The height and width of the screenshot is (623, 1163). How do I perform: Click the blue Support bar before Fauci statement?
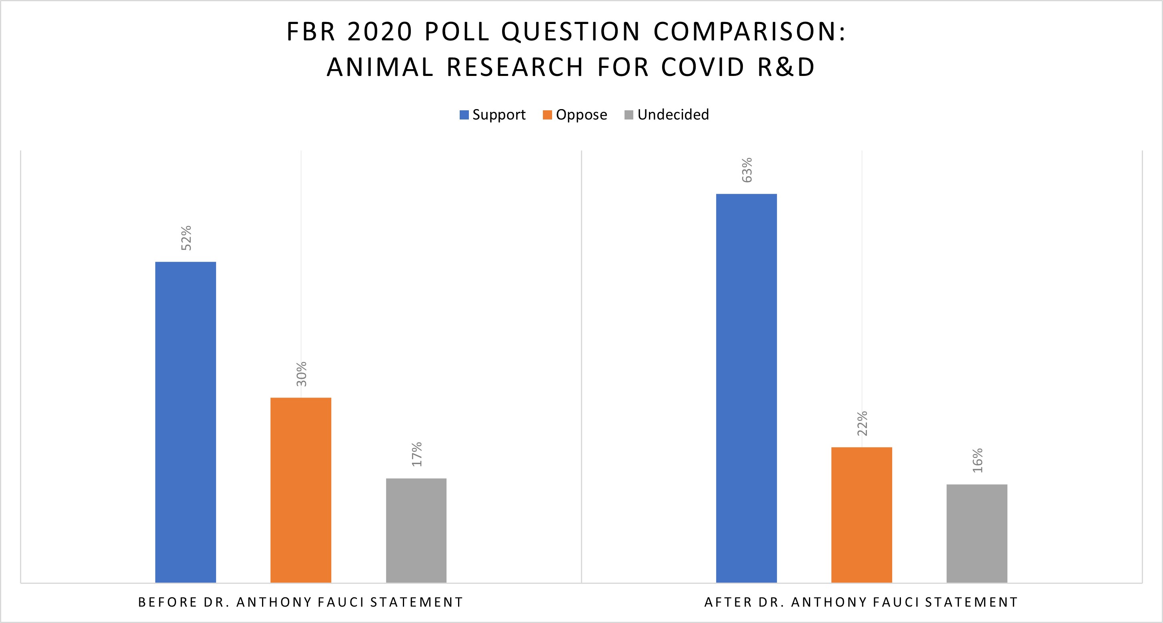click(186, 422)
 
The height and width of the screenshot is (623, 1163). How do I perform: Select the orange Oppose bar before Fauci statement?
click(301, 490)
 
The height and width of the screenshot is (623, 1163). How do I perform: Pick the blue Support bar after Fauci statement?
click(746, 388)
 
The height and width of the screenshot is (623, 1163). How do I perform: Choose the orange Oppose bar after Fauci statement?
click(861, 515)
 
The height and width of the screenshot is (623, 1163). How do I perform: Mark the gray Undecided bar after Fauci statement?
click(977, 533)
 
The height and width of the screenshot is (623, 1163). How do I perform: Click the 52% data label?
click(186, 238)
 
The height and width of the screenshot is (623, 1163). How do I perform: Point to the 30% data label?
click(302, 374)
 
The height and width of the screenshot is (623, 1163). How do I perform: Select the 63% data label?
click(747, 170)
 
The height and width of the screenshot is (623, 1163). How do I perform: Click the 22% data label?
click(862, 424)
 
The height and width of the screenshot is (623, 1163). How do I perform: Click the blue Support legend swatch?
click(464, 115)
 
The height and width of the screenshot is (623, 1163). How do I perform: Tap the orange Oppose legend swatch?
click(547, 115)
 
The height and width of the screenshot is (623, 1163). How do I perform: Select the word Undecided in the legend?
click(673, 115)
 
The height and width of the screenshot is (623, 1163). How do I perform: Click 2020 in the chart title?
click(379, 32)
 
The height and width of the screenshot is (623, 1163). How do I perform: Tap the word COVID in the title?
click(703, 67)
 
